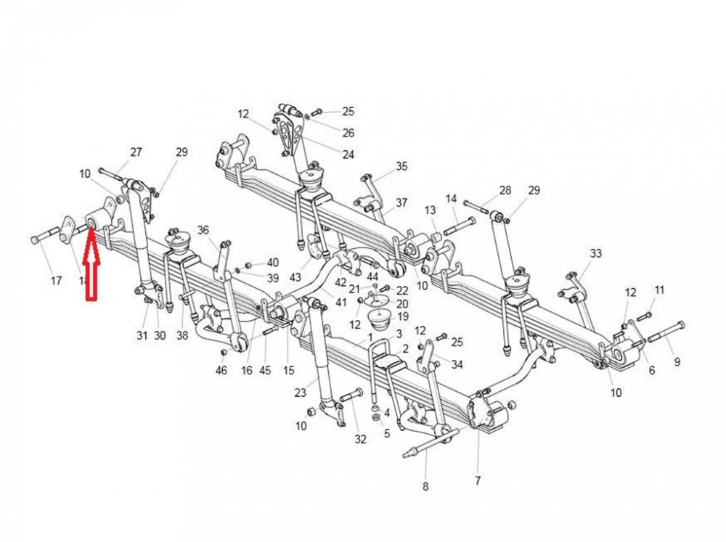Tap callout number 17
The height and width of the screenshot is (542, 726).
point(57,281)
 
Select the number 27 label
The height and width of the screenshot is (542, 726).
point(136,152)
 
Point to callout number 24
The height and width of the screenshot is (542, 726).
point(348,155)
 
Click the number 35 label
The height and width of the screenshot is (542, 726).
point(402,166)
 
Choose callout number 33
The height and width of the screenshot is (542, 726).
point(596,253)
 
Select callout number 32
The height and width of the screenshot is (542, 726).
point(361,439)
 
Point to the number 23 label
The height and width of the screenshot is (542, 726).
point(301,394)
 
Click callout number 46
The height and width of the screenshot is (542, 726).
point(221,371)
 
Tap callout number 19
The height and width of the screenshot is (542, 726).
point(402,317)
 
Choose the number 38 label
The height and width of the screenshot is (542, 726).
point(181,335)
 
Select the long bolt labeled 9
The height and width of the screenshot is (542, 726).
point(665,333)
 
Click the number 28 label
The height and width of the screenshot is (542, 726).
point(505,190)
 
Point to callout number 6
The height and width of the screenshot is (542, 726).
point(651,370)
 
